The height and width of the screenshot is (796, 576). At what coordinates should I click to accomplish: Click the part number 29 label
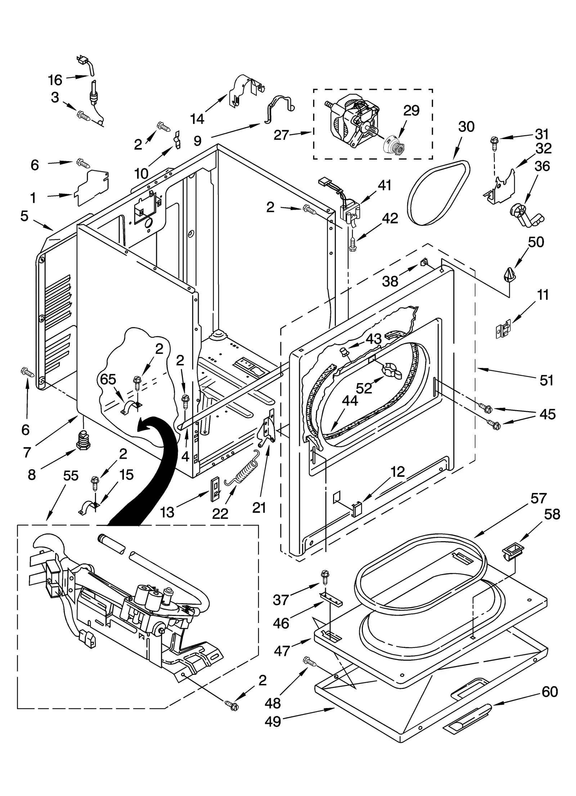(x=411, y=110)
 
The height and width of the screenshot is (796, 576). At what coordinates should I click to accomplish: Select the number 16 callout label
(x=55, y=80)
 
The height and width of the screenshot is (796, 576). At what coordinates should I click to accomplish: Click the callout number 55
(x=71, y=476)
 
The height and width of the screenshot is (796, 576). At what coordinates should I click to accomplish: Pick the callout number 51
(x=546, y=381)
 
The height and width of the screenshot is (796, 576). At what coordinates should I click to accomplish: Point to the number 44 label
(x=350, y=401)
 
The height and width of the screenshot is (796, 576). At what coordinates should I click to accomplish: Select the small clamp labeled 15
(x=88, y=509)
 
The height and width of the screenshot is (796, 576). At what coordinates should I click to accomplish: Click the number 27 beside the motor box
(x=281, y=135)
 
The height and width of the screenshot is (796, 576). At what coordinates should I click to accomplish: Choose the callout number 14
(x=197, y=118)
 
